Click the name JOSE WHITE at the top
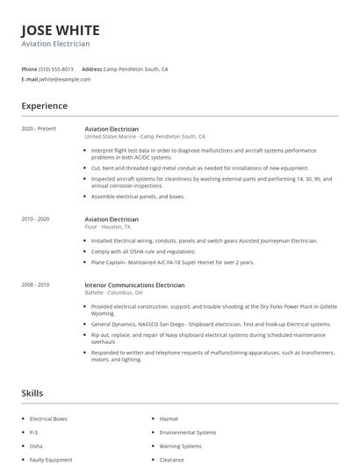[x=61, y=29]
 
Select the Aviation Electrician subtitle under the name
[x=55, y=44]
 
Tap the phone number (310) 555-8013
[x=56, y=68]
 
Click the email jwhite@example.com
[x=65, y=79]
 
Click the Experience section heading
[x=44, y=106]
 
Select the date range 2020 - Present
[x=39, y=129]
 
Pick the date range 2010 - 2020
[x=36, y=218]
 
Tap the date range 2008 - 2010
[x=36, y=284]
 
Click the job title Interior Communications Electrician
[x=134, y=284]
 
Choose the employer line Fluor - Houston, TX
[x=107, y=226]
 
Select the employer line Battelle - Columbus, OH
[x=113, y=292]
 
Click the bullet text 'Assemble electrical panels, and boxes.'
[x=138, y=197]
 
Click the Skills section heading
[x=32, y=393]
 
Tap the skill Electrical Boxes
[x=48, y=419]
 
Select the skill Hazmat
[x=169, y=419]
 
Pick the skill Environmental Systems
[x=187, y=433]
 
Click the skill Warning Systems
[x=181, y=446]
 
